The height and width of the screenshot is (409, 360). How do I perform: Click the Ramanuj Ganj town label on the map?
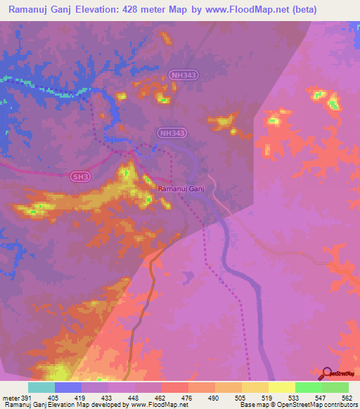pos(181,188)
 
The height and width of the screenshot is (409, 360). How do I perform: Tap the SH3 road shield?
pos(81,178)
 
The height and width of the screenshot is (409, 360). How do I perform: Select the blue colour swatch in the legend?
pos(68,387)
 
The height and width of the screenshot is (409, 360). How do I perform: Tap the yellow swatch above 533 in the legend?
pos(282,387)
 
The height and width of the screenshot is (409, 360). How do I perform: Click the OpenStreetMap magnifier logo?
pos(328,374)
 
